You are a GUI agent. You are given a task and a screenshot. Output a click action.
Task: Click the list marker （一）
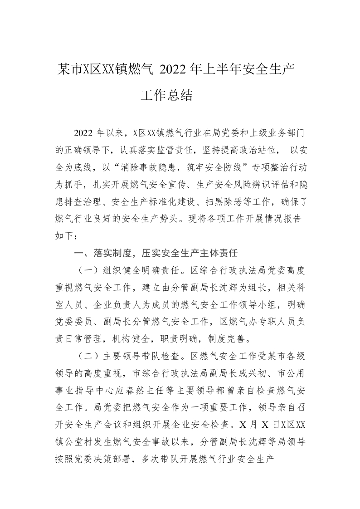tap(87, 271)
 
